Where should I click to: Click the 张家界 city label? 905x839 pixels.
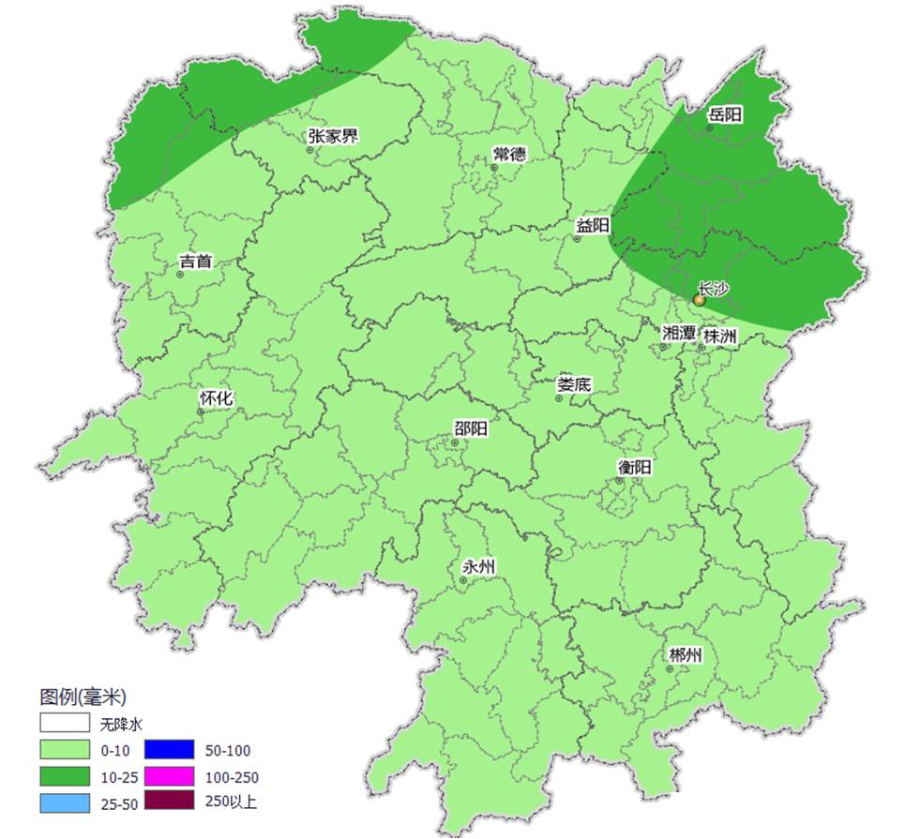pos(333,137)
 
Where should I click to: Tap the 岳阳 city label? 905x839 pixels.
pos(725,115)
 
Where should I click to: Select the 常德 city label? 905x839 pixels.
pos(509,155)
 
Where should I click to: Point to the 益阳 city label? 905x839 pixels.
pos(593,226)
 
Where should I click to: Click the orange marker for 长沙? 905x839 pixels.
pos(699,300)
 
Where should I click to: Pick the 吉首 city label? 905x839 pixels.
pos(195,262)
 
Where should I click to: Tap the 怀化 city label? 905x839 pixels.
pos(216,398)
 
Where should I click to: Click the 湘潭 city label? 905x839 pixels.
pos(679,334)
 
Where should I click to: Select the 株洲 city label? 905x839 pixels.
pos(720,335)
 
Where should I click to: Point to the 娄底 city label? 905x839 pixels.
pos(574,384)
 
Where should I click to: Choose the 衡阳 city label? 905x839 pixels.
pos(635,467)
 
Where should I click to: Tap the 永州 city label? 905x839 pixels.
pos(479,567)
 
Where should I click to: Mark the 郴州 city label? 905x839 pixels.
pos(685,655)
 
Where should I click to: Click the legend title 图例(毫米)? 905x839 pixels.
pos(83,697)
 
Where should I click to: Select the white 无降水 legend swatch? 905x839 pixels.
pos(65,724)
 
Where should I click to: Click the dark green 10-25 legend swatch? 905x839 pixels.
pos(65,776)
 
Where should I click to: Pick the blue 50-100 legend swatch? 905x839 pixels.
pos(169,750)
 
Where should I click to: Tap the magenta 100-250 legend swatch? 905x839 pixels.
pos(169,776)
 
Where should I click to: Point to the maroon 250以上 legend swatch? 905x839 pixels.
pos(169,802)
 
